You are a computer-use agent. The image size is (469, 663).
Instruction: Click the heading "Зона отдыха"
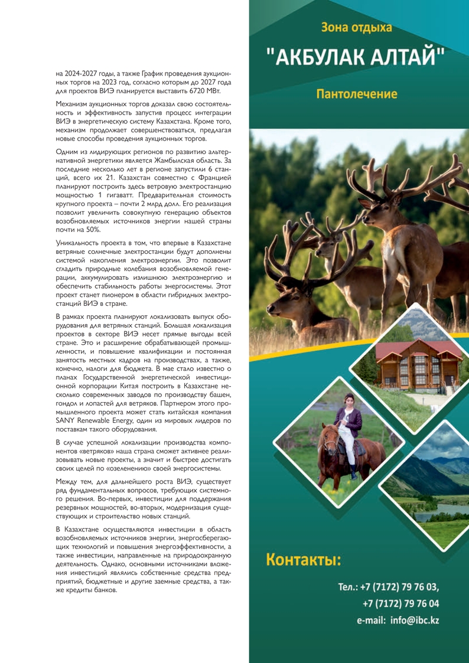pos(356,27)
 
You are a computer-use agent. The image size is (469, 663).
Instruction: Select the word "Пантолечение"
pos(356,94)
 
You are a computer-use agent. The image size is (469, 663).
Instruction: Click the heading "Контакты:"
pos(304,559)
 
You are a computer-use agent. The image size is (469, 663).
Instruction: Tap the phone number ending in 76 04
pos(401,603)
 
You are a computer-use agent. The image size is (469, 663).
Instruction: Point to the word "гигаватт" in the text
pos(125,194)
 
